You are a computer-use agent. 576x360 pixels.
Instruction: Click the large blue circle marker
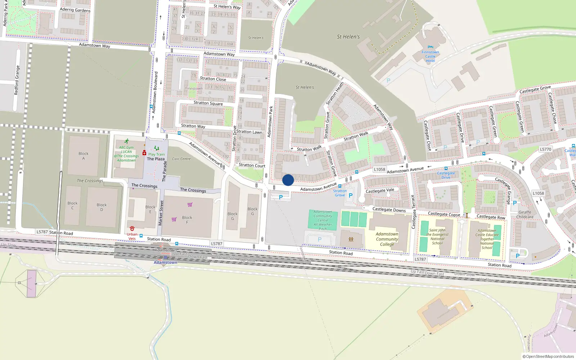pyautogui.click(x=288, y=180)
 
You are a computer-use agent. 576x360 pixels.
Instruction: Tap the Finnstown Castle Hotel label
pyautogui.click(x=430, y=57)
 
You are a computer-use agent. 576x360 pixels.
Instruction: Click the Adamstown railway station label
pyautogui.click(x=165, y=262)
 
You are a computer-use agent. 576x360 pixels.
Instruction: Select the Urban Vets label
pyautogui.click(x=132, y=237)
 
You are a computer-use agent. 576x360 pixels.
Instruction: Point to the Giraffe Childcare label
pyautogui.click(x=525, y=215)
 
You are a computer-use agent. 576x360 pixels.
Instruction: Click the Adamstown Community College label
pyautogui.click(x=387, y=239)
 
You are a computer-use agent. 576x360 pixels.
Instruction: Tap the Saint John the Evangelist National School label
pyautogui.click(x=437, y=237)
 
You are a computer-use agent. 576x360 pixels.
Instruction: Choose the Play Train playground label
pyautogui.click(x=157, y=154)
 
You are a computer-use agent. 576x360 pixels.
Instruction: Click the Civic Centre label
pyautogui.click(x=181, y=159)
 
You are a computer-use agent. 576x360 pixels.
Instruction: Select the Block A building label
pyautogui.click(x=84, y=156)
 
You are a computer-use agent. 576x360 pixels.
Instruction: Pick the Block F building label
pyautogui.click(x=187, y=220)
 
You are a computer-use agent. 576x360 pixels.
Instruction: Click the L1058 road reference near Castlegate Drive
pyautogui.click(x=379, y=169)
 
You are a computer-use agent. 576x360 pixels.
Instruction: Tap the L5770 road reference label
pyautogui.click(x=545, y=149)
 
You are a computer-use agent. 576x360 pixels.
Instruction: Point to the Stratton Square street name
pyautogui.click(x=208, y=103)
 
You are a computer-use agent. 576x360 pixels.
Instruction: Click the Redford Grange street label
pyautogui.click(x=17, y=80)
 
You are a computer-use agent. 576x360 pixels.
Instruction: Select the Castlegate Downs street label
pyautogui.click(x=389, y=210)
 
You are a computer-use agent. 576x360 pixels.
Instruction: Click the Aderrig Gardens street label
pyautogui.click(x=75, y=10)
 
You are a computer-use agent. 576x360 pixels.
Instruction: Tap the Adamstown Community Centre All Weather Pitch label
pyautogui.click(x=323, y=220)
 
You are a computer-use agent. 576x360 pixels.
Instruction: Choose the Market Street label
pyautogui.click(x=161, y=213)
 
